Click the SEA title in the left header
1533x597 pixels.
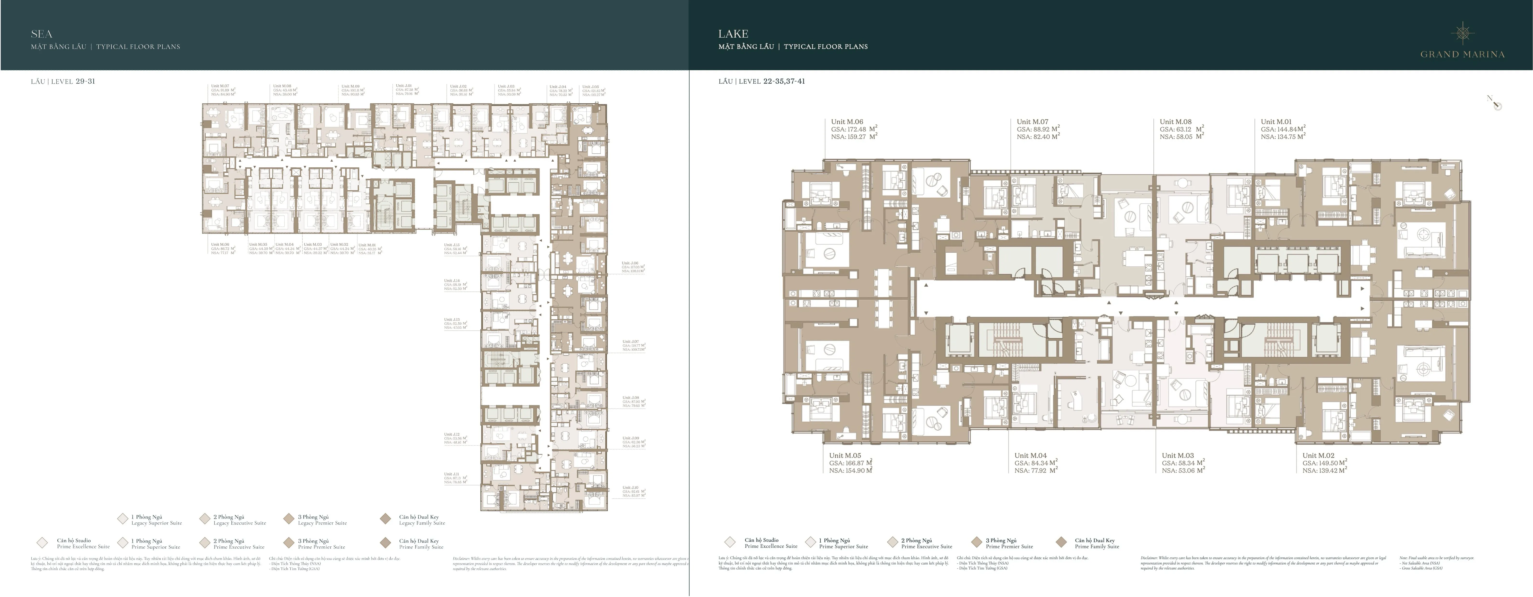pos(42,34)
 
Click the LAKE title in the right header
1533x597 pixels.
pos(733,34)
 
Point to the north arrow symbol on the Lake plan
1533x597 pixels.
pos(1494,103)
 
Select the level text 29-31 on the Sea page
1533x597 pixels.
pos(85,81)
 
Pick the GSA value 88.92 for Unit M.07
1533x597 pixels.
pos(1038,129)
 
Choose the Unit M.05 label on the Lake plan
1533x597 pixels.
pos(845,455)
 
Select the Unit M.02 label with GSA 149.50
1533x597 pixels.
pos(1318,455)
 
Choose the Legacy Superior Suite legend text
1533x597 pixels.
pos(156,523)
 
